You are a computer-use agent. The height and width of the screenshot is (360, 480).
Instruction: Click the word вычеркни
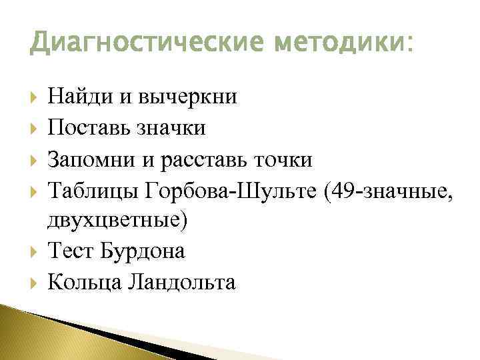pos(188,97)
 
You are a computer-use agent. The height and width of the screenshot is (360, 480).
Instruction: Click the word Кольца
pos(83,283)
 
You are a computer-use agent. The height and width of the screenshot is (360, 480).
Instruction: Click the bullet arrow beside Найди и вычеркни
pos(34,98)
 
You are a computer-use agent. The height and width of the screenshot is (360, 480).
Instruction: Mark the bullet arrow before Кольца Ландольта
pos(34,283)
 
